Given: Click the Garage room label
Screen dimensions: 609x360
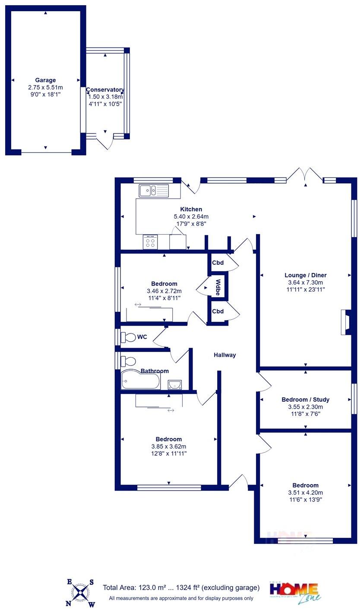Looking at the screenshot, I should coord(45,80).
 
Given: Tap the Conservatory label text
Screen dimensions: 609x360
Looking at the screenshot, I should coord(105,90).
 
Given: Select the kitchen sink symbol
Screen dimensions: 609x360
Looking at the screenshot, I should coord(153,190).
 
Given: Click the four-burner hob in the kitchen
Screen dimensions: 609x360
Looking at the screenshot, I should coord(150,242).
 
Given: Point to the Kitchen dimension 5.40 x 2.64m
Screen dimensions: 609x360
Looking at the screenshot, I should coord(191,216).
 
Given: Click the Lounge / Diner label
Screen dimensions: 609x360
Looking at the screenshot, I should coord(306,275).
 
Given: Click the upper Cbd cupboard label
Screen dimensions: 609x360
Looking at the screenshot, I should coord(218,263).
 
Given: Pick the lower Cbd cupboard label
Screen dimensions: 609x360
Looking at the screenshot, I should coord(218,311).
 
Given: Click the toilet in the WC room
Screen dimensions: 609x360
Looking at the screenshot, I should coord(128,337).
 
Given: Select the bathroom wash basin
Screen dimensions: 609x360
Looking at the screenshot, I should coord(175,384).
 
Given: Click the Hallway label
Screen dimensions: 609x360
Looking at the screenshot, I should coord(225,355).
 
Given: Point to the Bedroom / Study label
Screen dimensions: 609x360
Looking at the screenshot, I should coord(305,400).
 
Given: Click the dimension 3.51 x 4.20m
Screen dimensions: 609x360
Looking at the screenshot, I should coord(305,492).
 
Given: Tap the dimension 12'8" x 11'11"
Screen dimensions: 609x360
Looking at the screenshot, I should coord(169,454).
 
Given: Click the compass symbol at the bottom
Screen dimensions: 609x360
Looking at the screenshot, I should coord(80,593).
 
